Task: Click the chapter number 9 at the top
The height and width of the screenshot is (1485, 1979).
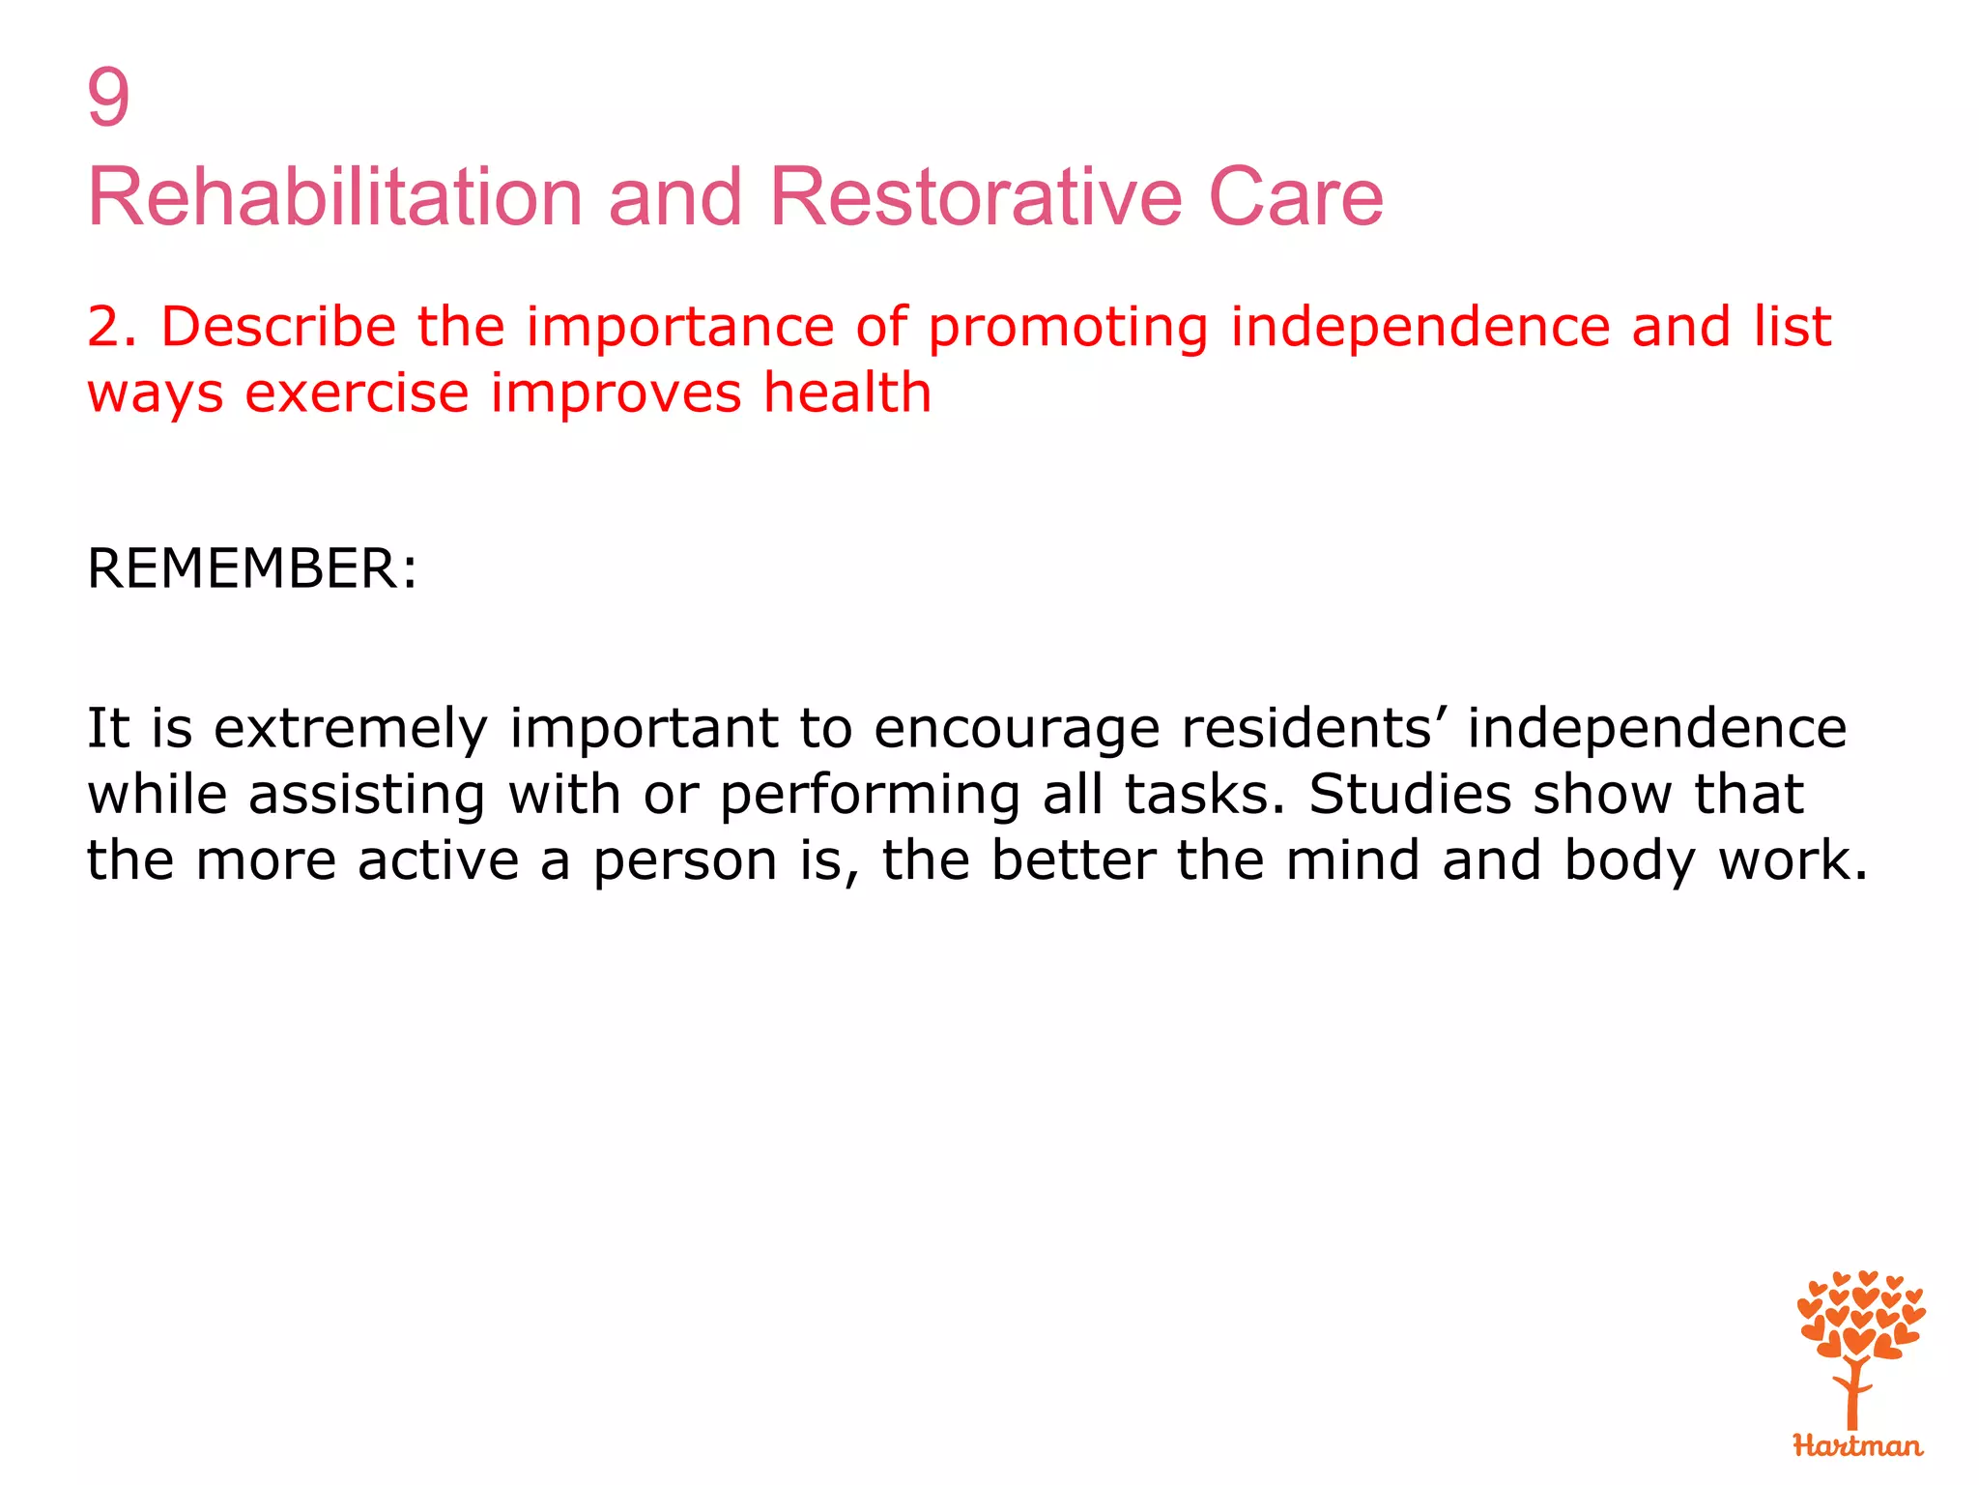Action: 108,98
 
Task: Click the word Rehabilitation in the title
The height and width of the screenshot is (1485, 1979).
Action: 334,197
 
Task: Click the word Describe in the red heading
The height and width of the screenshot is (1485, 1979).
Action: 278,327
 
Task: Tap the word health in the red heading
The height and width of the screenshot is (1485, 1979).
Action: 847,393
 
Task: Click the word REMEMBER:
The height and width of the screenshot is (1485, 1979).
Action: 252,568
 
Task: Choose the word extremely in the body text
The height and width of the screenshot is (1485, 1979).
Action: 351,729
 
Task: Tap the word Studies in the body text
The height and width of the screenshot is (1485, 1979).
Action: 1410,795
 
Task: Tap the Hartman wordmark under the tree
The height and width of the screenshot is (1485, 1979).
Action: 1857,1445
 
